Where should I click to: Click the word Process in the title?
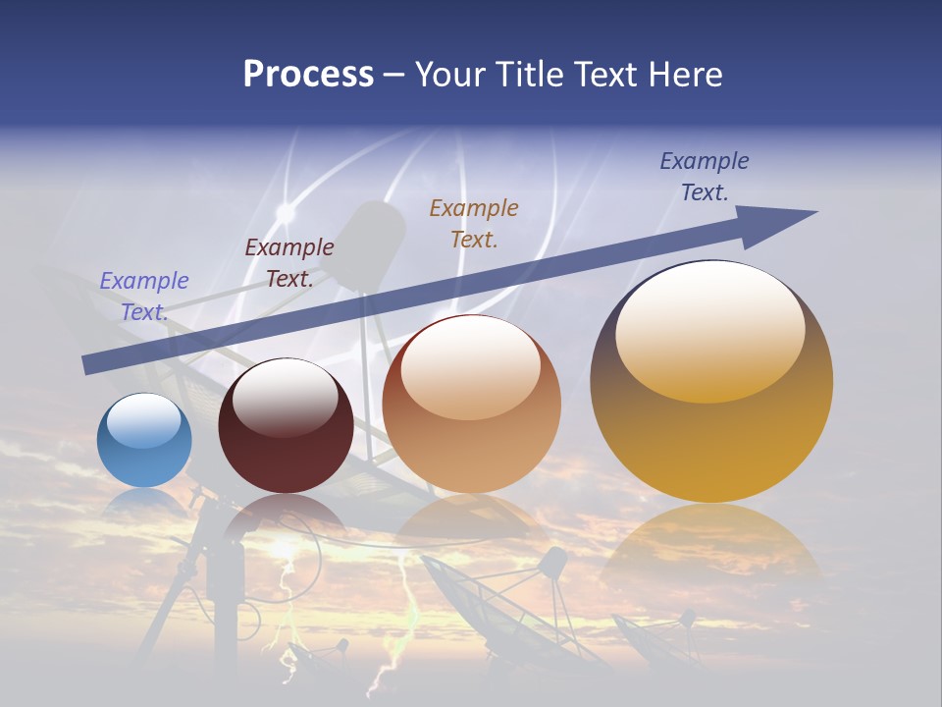click(x=308, y=75)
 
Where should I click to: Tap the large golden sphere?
click(x=711, y=412)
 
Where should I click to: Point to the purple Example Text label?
click(x=144, y=296)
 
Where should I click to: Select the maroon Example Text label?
click(x=289, y=262)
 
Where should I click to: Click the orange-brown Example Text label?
click(x=474, y=223)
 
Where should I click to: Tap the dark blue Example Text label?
click(x=705, y=176)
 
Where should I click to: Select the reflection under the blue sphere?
click(x=144, y=503)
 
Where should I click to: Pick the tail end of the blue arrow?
click(x=90, y=364)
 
